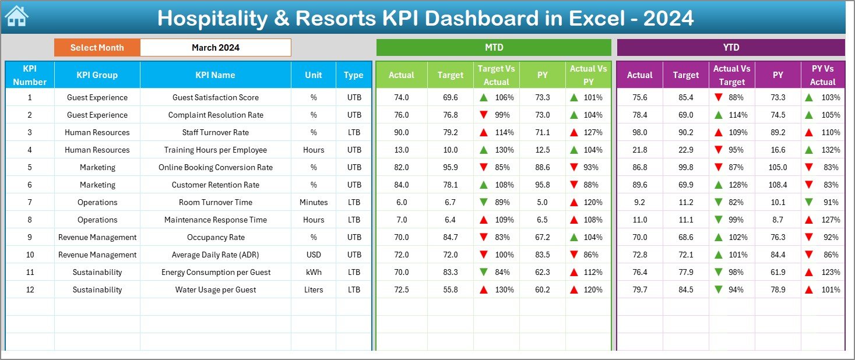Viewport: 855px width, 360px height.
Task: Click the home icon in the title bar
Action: (x=16, y=17)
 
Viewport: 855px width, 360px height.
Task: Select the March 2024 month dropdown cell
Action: (x=215, y=48)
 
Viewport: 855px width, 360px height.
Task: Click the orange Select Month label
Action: (x=97, y=48)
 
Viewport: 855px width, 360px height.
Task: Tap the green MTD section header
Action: (x=494, y=48)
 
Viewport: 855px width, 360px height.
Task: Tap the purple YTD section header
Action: (x=730, y=48)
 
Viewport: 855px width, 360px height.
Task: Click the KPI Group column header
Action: (x=97, y=75)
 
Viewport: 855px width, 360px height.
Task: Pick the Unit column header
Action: (x=314, y=75)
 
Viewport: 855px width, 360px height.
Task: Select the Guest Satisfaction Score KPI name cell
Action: (x=215, y=97)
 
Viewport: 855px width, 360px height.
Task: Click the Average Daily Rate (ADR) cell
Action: (x=215, y=255)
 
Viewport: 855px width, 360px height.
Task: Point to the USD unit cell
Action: (x=314, y=255)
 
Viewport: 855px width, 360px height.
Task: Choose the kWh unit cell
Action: (x=314, y=272)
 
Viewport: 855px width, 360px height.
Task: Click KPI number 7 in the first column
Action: (x=30, y=202)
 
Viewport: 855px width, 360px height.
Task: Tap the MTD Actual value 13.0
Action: (x=402, y=150)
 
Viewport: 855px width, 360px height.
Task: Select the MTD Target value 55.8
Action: (x=451, y=290)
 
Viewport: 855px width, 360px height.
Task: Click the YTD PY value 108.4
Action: (x=777, y=185)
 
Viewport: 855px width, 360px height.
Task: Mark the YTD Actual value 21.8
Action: (x=639, y=150)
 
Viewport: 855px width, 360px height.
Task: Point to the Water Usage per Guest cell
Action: (x=215, y=290)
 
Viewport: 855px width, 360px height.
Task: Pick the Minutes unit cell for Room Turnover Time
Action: (x=314, y=202)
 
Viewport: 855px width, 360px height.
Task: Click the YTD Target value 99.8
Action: (x=685, y=167)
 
